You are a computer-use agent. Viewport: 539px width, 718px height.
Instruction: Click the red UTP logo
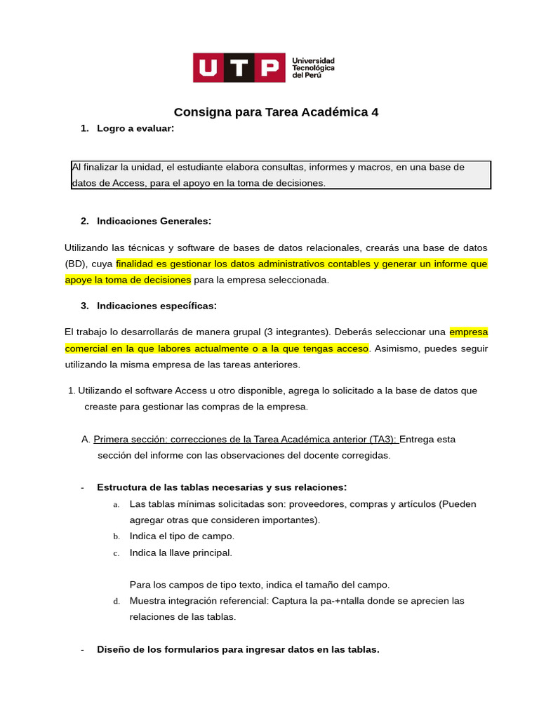(239, 67)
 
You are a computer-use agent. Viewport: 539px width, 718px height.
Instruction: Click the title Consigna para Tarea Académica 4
(276, 112)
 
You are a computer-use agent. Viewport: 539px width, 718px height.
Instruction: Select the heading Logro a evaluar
(135, 128)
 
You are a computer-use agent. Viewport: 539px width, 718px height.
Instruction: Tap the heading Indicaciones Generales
(154, 221)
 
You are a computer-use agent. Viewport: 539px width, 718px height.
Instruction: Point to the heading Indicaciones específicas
(157, 306)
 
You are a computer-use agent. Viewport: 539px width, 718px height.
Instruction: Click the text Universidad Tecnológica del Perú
(313, 68)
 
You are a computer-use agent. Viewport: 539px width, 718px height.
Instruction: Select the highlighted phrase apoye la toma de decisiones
(128, 280)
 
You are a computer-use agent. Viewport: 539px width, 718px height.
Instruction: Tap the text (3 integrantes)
(295, 332)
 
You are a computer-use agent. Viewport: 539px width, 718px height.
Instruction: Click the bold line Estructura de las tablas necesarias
(221, 487)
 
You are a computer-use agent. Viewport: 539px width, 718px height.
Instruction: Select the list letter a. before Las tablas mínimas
(116, 504)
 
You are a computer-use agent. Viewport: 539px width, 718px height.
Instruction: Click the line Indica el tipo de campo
(182, 536)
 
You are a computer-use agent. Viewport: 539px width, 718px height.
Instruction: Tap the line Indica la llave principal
(180, 553)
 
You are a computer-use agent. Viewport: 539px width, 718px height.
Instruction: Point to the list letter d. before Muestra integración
(116, 602)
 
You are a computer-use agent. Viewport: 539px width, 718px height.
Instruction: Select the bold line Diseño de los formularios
(238, 650)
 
